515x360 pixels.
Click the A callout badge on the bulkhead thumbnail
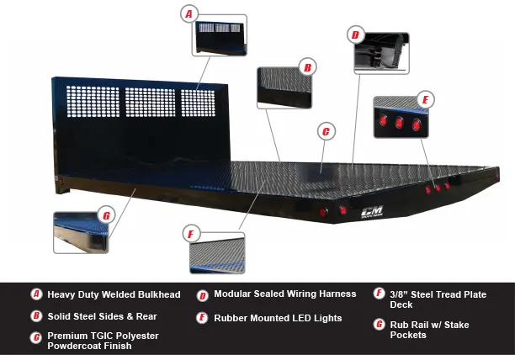point(189,13)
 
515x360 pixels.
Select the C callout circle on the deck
point(326,131)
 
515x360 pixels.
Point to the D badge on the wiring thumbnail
point(355,35)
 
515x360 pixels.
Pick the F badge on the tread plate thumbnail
point(191,233)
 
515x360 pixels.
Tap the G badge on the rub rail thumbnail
point(106,215)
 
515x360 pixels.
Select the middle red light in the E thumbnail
point(399,123)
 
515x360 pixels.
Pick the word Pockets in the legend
point(409,335)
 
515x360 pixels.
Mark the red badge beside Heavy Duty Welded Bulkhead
point(36,294)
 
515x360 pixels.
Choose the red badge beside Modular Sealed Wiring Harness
point(203,295)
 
